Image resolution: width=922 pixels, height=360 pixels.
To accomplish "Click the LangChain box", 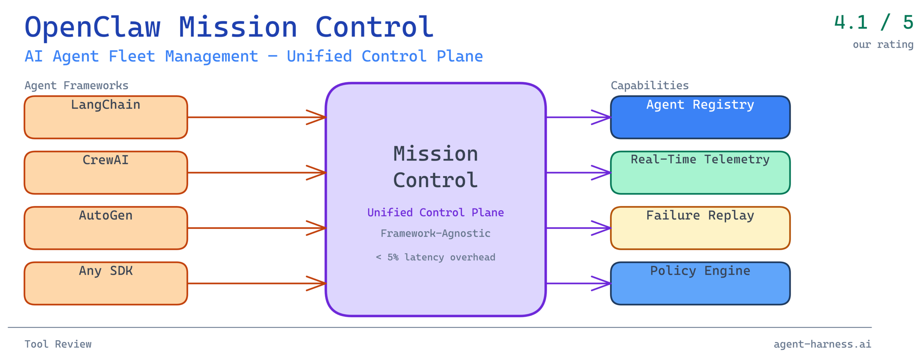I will pyautogui.click(x=106, y=117).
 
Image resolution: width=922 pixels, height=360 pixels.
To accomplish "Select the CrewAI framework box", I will pyautogui.click(x=106, y=173).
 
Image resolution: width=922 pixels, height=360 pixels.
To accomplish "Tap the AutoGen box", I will pyautogui.click(x=106, y=228).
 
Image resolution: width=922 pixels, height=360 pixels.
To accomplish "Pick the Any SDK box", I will pyautogui.click(x=106, y=283).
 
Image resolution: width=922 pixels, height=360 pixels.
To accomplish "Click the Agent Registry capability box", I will pyautogui.click(x=700, y=117).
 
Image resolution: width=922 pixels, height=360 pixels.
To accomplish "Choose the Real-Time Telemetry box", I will pyautogui.click(x=700, y=173).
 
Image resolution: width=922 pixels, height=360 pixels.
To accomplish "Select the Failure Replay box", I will pyautogui.click(x=700, y=228).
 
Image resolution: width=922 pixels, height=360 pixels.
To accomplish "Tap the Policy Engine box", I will pyautogui.click(x=700, y=283).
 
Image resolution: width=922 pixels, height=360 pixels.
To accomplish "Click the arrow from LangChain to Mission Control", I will pyautogui.click(x=256, y=117).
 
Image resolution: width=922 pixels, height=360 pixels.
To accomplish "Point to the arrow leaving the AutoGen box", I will pyautogui.click(x=256, y=228).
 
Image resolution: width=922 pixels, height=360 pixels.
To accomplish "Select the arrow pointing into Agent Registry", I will pyautogui.click(x=578, y=117).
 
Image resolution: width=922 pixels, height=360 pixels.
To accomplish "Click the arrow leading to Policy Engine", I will pyautogui.click(x=578, y=283).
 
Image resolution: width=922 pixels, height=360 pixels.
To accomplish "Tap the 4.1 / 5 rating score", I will pyautogui.click(x=873, y=22).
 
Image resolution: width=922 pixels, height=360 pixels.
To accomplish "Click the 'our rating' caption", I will pyautogui.click(x=883, y=45).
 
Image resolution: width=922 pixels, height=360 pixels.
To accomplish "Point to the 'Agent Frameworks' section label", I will pyautogui.click(x=76, y=86).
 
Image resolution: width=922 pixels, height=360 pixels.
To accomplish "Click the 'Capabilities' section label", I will pyautogui.click(x=649, y=86).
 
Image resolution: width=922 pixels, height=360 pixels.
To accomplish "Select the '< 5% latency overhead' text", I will pyautogui.click(x=435, y=257).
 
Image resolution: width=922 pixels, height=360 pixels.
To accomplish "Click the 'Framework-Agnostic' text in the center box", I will pyautogui.click(x=435, y=233).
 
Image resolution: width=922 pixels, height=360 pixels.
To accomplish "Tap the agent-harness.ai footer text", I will pyautogui.click(x=822, y=344).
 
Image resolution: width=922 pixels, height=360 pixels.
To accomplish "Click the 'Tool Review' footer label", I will pyautogui.click(x=58, y=344).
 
